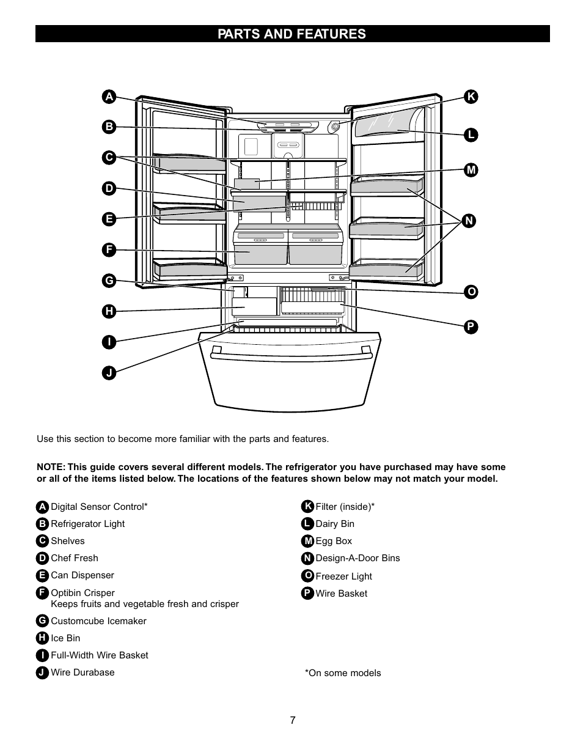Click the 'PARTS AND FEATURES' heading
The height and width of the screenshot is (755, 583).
pyautogui.click(x=291, y=34)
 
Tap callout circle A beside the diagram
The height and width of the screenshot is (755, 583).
pyautogui.click(x=108, y=97)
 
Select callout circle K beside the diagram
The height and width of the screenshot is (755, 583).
pyautogui.click(x=471, y=97)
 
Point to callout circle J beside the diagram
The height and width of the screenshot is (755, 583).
pyautogui.click(x=108, y=372)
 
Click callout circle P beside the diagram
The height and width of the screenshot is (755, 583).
pyautogui.click(x=471, y=327)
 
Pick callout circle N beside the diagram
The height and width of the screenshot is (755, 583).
pyautogui.click(x=469, y=221)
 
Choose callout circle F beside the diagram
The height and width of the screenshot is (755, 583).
pyautogui.click(x=108, y=249)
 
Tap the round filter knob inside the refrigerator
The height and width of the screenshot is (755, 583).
pyautogui.click(x=334, y=127)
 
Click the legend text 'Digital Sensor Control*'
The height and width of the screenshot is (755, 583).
pyautogui.click(x=99, y=507)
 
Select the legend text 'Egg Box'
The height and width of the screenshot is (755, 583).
pyautogui.click(x=334, y=541)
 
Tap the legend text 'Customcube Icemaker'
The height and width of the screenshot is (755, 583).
pyautogui.click(x=98, y=621)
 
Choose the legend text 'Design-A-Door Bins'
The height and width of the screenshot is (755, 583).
pyautogui.click(x=358, y=558)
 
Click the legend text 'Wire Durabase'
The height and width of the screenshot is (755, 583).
pyautogui.click(x=82, y=672)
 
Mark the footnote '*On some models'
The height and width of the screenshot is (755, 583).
pyautogui.click(x=343, y=673)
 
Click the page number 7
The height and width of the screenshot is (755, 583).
pyautogui.click(x=293, y=721)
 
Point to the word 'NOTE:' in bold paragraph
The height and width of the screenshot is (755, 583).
pyautogui.click(x=51, y=467)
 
